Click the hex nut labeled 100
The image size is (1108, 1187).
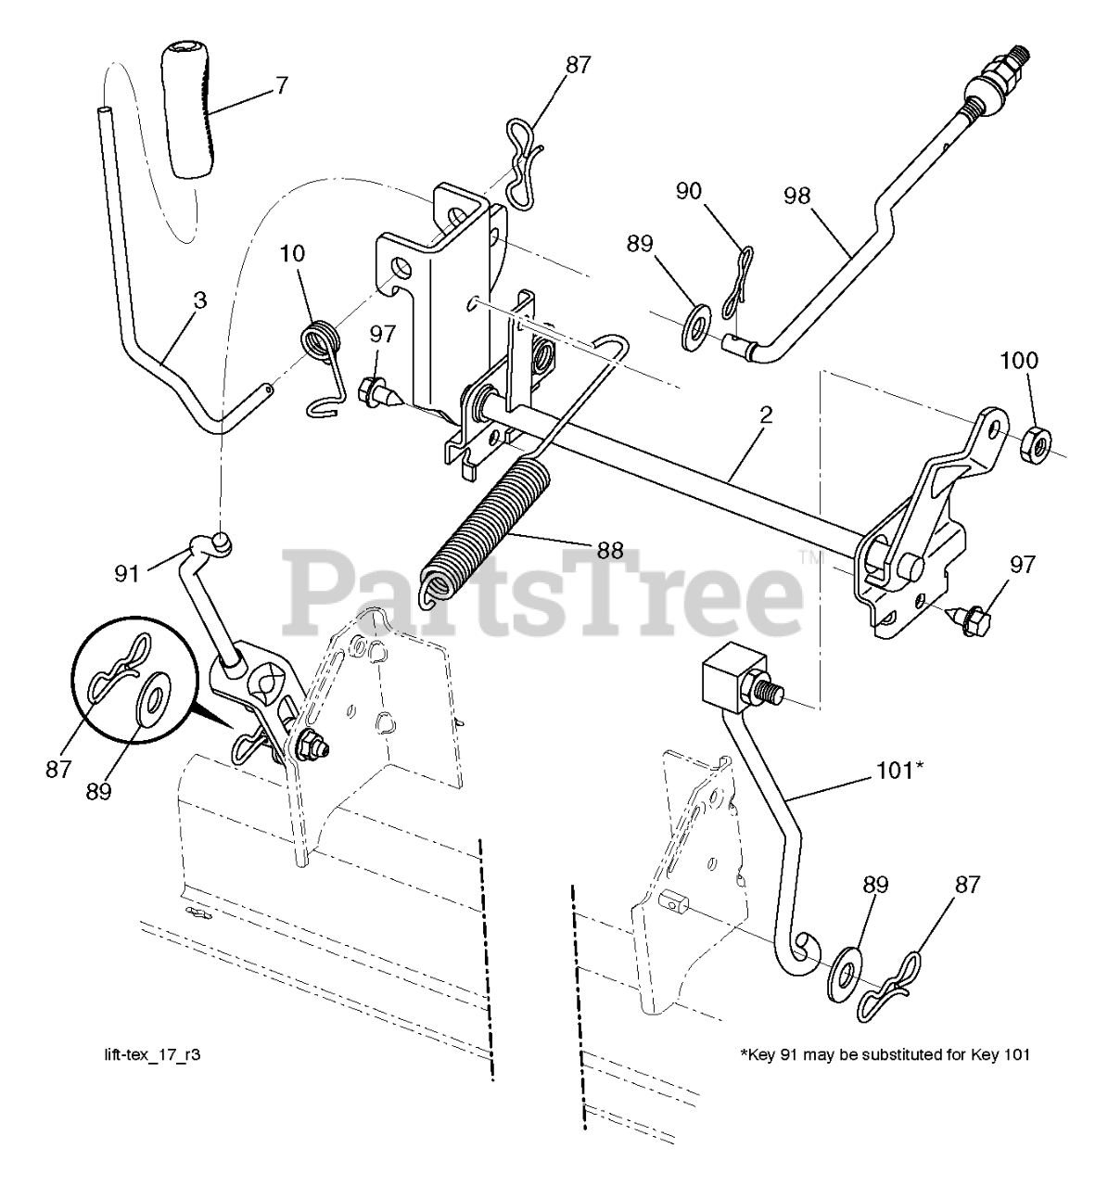pos(1033,445)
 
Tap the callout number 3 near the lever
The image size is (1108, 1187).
pos(200,300)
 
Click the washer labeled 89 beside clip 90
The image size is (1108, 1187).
pos(692,331)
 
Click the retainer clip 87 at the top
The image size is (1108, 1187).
pos(525,162)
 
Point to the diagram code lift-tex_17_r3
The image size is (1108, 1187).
pos(151,1055)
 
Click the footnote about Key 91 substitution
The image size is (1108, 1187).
pos(885,1055)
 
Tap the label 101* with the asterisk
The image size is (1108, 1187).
pos(899,770)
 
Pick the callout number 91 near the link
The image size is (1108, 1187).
pos(126,573)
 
